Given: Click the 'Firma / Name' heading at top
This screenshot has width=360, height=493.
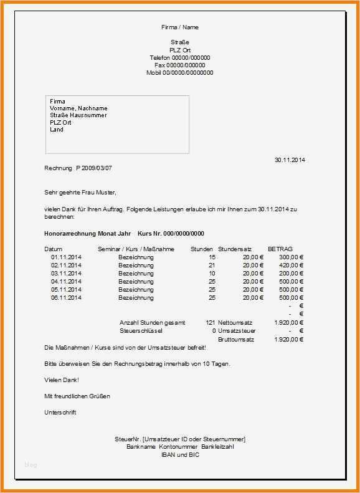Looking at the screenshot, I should pos(179,27).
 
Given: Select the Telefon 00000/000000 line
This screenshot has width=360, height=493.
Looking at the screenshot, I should pos(179,57).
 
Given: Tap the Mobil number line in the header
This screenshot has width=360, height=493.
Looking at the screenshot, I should pos(179,72).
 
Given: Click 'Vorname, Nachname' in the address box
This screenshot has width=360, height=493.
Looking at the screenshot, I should pos(78,108).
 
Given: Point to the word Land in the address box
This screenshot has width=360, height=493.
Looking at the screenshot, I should pos(57,130).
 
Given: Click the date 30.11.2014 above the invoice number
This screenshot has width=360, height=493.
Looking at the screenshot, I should pos(290,160).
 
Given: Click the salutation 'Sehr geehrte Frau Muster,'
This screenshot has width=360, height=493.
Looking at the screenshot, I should pos(80,192).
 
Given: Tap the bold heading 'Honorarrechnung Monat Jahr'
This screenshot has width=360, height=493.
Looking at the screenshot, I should pos(88,233).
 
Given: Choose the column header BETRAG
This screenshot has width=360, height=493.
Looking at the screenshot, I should pos(280,249).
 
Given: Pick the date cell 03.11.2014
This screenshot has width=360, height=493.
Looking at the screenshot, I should pos(66,273).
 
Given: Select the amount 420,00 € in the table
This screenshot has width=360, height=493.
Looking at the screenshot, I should pos(291,265).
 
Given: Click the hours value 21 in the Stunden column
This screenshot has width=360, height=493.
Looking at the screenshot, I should pos(212,265).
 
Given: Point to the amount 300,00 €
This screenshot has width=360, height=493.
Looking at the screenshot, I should pos(291,257).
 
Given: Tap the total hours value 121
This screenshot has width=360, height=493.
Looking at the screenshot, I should pos(210,322).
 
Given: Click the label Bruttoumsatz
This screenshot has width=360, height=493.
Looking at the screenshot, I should pos(236,339).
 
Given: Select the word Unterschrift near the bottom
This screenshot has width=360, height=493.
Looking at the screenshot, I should pos(60,413).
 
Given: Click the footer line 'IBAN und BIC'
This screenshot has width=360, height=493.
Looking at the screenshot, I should pos(179,454).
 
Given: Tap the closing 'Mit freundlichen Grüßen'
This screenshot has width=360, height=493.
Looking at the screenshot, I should pos(77,396).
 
